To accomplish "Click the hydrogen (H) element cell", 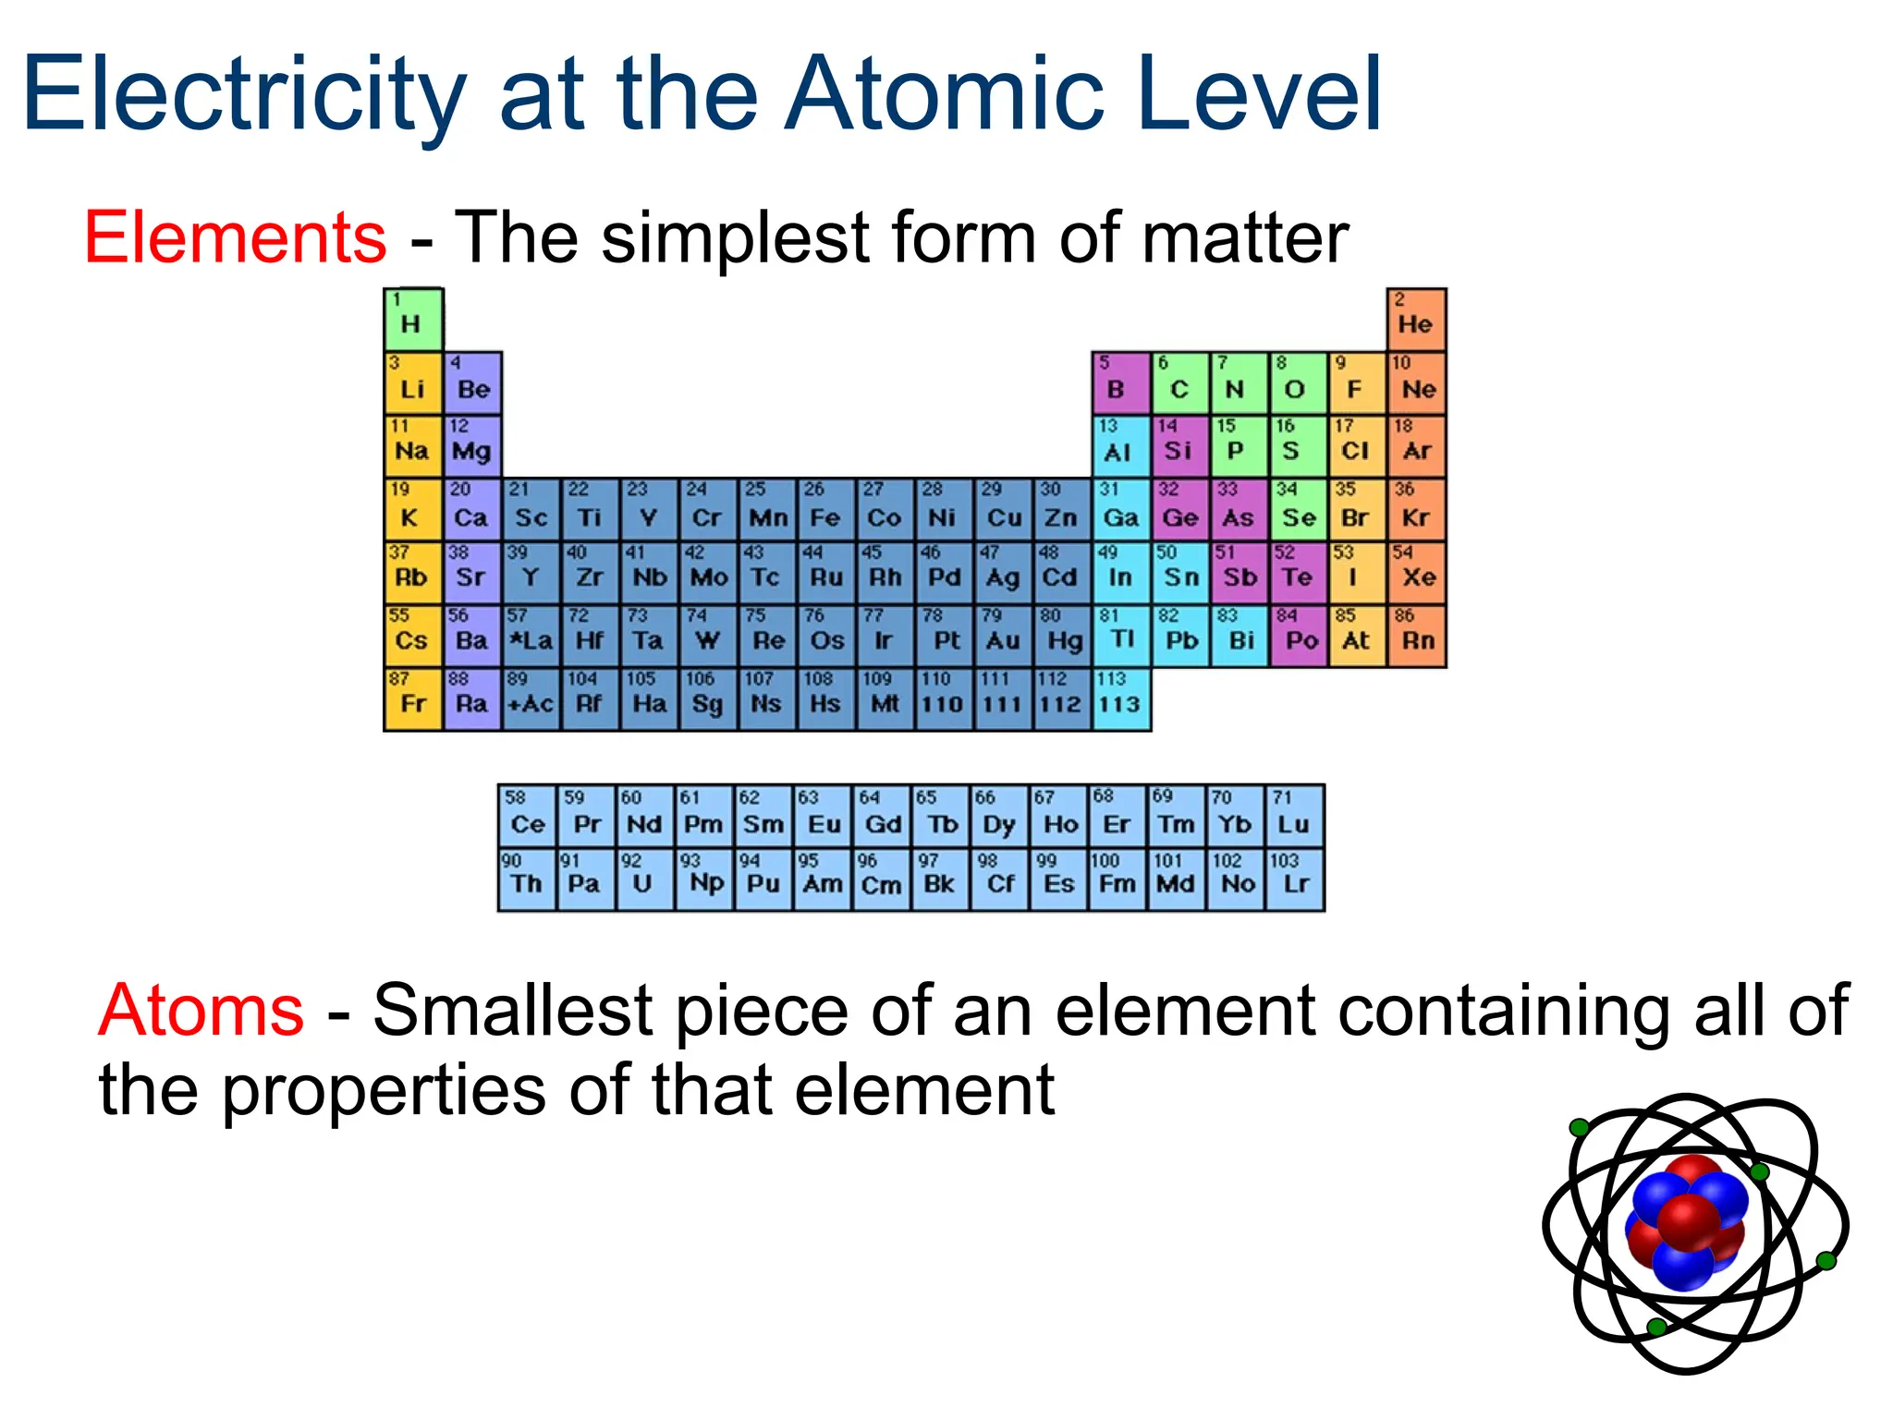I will (x=413, y=320).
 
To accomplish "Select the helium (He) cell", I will (x=1416, y=320).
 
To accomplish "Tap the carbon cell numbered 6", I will (x=1179, y=382).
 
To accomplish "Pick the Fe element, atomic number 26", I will (x=825, y=510).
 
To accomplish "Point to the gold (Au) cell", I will (x=1003, y=636).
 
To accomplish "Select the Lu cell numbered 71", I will (x=1294, y=817).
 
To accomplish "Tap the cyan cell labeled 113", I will (x=1120, y=699).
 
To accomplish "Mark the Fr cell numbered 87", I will (x=413, y=699).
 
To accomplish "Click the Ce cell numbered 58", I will (x=527, y=817).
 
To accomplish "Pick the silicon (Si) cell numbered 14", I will (x=1179, y=446).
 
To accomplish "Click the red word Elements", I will (x=236, y=238).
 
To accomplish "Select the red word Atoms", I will (x=201, y=1011).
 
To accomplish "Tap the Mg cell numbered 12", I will (x=472, y=446).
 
